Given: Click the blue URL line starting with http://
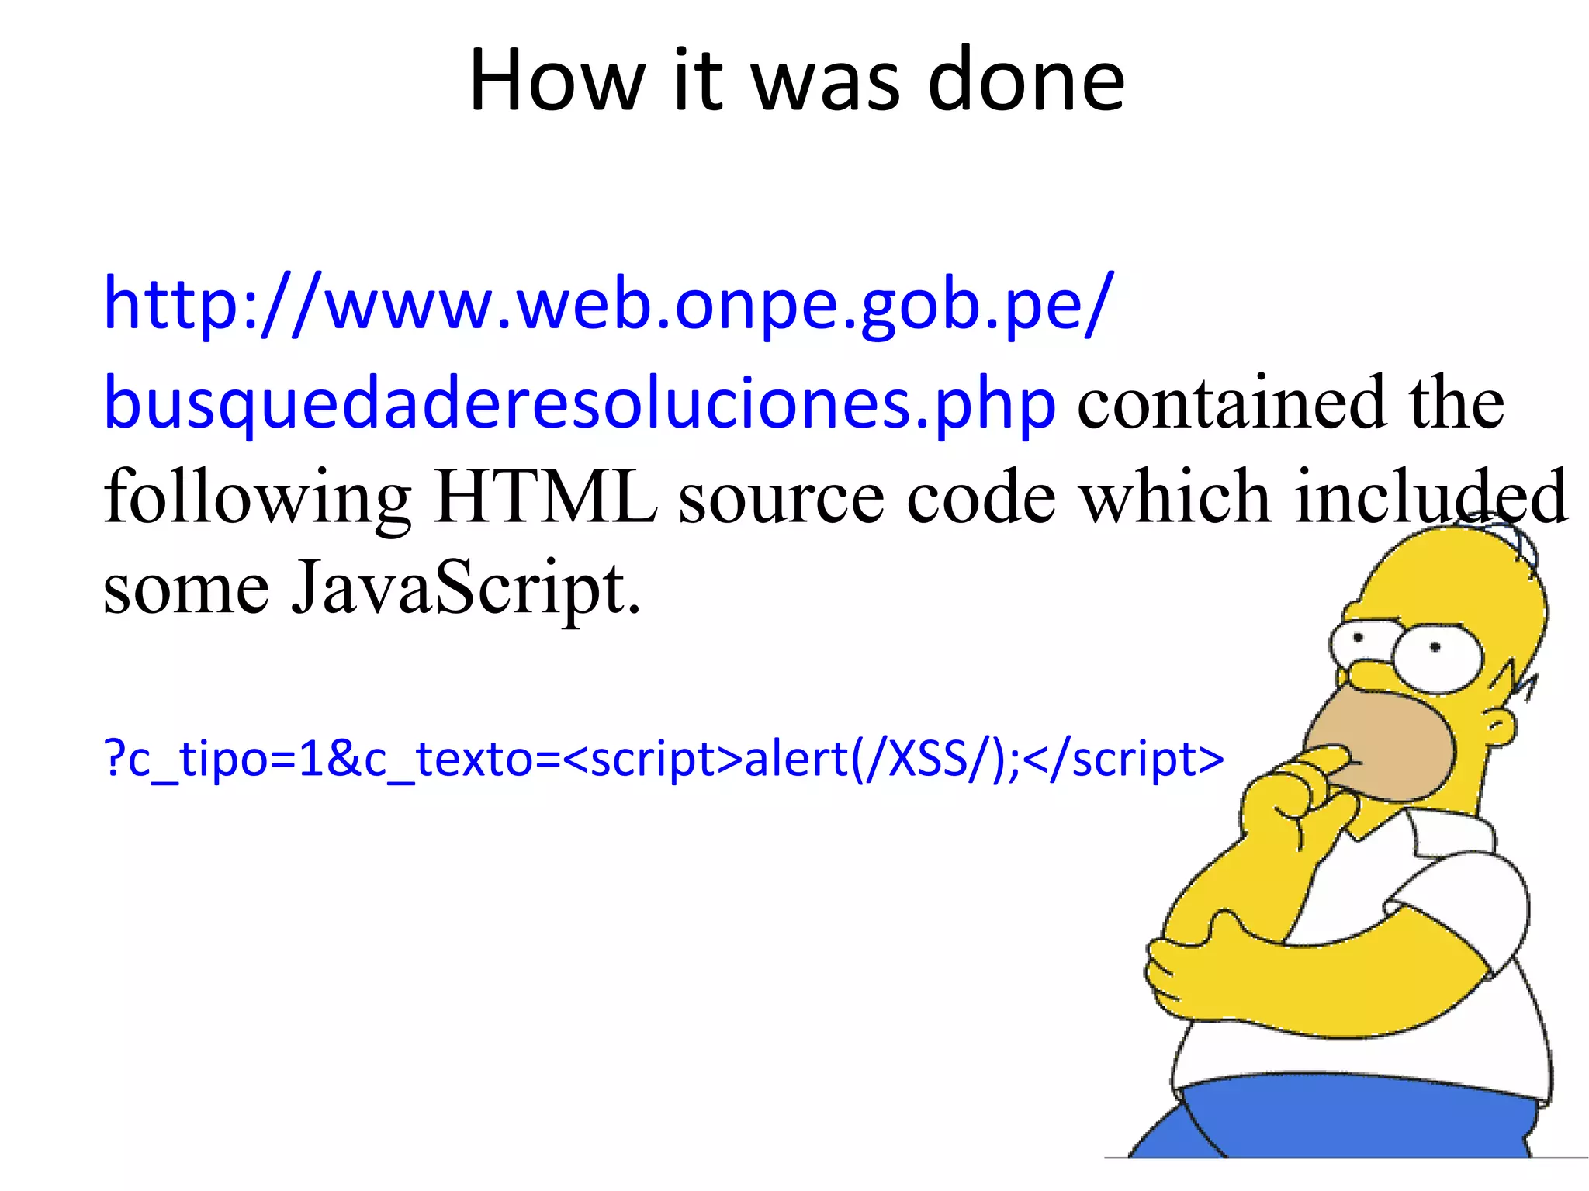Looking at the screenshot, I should pyautogui.click(x=608, y=304).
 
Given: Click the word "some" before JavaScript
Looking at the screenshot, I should pyautogui.click(x=186, y=590).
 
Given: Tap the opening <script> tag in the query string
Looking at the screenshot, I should pyautogui.click(x=653, y=759).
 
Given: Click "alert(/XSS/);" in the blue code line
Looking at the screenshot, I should pyautogui.click(x=881, y=759).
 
